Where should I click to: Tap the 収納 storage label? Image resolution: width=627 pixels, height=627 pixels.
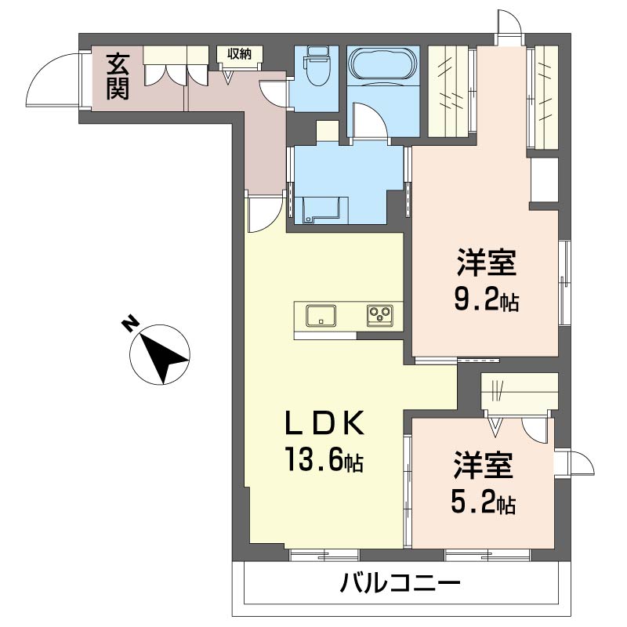[240, 53]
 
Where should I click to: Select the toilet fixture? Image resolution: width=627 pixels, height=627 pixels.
[317, 67]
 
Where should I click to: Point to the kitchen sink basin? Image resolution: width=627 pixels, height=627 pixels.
[320, 315]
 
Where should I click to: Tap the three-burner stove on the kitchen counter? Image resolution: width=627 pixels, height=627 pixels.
[380, 316]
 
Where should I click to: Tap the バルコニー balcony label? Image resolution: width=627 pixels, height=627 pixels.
[400, 584]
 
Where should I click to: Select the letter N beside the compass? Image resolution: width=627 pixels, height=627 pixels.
[131, 324]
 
